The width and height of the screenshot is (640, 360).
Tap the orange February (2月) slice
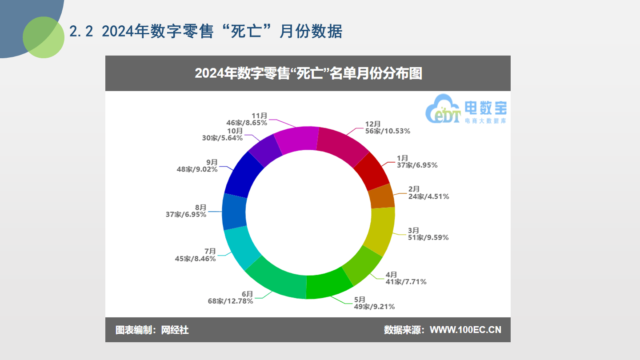pos(382,196)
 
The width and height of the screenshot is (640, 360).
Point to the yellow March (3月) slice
pos(382,230)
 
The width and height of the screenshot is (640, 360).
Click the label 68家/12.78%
pos(230,301)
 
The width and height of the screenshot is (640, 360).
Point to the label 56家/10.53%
pos(388,131)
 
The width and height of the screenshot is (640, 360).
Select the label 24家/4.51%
pos(428,196)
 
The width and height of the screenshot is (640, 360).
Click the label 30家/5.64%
pos(222,138)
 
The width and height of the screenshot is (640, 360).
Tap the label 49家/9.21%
pos(374,307)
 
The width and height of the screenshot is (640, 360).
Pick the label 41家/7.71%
pos(406,282)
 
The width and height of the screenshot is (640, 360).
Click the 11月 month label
pos(259,116)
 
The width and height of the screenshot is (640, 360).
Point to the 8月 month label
pos(200,207)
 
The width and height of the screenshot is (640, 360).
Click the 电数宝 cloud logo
pos(466,109)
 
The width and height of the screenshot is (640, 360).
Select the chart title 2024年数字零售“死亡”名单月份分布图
pos(308,73)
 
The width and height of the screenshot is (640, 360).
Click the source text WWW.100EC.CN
pos(465,330)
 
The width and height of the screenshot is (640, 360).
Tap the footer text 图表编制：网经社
pos(152,330)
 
